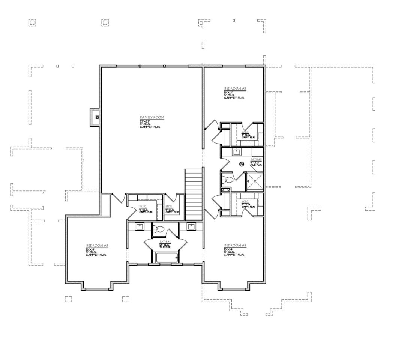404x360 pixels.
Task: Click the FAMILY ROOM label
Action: click(152, 118)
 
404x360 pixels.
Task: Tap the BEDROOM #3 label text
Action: click(235, 88)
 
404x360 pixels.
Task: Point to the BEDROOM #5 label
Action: click(97, 246)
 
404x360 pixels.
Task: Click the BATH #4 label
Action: click(165, 242)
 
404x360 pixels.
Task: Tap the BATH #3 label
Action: click(257, 159)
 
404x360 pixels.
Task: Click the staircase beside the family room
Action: click(194, 194)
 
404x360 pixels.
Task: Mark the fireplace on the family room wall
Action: click(96, 117)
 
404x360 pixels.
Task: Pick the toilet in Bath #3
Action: click(227, 180)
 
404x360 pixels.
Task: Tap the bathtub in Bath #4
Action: click(165, 257)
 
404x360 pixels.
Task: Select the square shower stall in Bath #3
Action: click(255, 181)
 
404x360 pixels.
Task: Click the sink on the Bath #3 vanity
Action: click(237, 152)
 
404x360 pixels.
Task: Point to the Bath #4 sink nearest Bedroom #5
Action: click(139, 226)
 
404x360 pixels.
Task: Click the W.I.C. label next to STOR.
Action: click(143, 207)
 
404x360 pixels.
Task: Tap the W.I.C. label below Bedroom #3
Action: click(246, 132)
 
